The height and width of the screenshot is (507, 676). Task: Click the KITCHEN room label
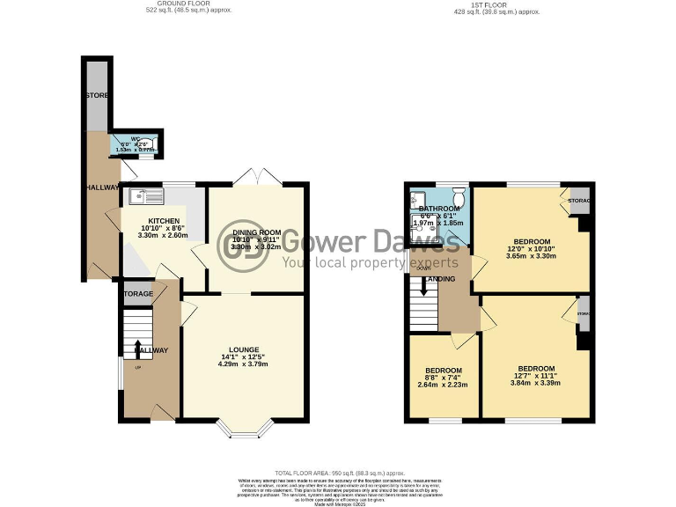164,221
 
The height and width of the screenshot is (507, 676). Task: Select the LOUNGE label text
242,348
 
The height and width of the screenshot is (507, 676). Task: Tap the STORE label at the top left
95,94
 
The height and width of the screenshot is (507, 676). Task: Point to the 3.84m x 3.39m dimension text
536,382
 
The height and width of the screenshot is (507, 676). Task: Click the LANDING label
440,279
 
